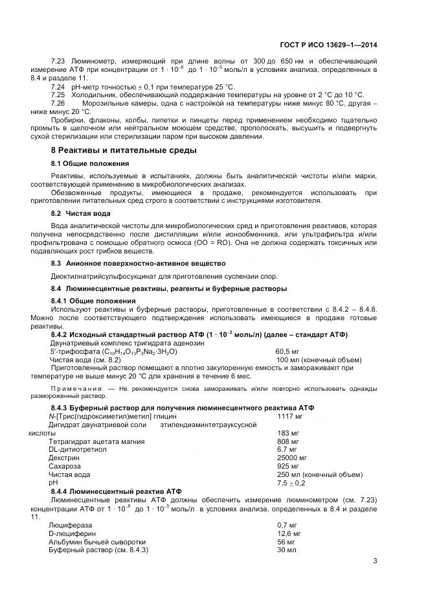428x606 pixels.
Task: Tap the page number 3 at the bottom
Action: (375, 561)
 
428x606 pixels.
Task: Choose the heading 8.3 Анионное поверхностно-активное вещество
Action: (138, 263)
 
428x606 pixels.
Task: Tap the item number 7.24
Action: (58, 86)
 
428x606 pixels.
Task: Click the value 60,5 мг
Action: (289, 351)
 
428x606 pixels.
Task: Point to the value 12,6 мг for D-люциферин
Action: (288, 533)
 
